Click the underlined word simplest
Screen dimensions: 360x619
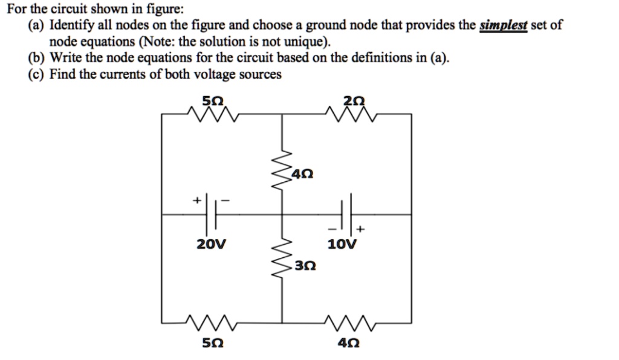(x=503, y=26)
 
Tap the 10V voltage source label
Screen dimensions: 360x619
(x=342, y=245)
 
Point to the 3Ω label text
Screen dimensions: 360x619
(x=306, y=266)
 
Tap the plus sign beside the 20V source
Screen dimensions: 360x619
(x=196, y=199)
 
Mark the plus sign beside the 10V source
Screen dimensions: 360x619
(x=361, y=230)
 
